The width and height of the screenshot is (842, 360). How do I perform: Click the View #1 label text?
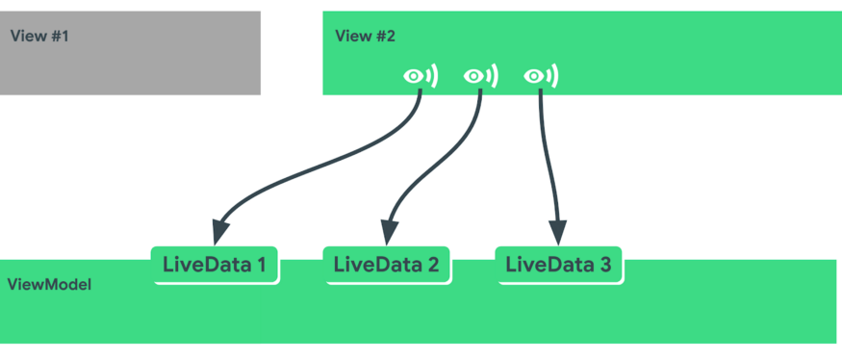click(39, 37)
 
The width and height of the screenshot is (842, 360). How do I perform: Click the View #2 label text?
click(365, 37)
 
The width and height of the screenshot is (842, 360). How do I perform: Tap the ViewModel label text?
click(49, 285)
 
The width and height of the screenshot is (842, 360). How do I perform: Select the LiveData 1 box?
click(215, 265)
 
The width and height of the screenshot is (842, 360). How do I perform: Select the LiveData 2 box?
click(386, 265)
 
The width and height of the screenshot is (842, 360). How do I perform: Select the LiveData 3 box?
click(558, 265)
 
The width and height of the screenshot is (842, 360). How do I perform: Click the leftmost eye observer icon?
click(420, 76)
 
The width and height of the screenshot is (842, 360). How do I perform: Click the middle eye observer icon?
click(479, 76)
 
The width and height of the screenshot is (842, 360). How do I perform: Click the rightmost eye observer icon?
click(540, 76)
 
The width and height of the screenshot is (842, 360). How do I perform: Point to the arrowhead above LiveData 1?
click(220, 232)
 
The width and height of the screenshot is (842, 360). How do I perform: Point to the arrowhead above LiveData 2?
click(389, 232)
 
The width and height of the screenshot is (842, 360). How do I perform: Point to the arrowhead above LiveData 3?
click(557, 232)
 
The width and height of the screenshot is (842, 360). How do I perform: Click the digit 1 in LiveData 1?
click(260, 265)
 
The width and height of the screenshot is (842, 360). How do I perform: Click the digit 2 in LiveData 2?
click(432, 265)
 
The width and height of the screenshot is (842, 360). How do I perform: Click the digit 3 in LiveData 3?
click(604, 265)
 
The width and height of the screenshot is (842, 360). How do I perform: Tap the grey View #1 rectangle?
click(130, 67)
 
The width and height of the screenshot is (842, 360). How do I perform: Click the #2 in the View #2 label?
click(385, 37)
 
